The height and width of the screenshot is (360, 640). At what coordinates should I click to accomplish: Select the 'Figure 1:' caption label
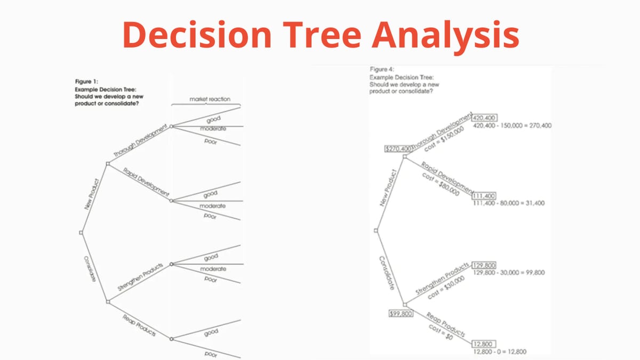pyautogui.click(x=86, y=81)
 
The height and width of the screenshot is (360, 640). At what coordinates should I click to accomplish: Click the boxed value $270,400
pyautogui.click(x=398, y=148)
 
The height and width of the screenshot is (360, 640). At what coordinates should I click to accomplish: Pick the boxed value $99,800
pyautogui.click(x=401, y=314)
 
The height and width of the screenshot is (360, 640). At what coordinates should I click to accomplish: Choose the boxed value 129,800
pyautogui.click(x=484, y=265)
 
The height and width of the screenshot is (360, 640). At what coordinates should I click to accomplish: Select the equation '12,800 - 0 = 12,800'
pyautogui.click(x=499, y=351)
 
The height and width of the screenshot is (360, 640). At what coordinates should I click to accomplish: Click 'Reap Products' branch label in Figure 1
pyautogui.click(x=139, y=325)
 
